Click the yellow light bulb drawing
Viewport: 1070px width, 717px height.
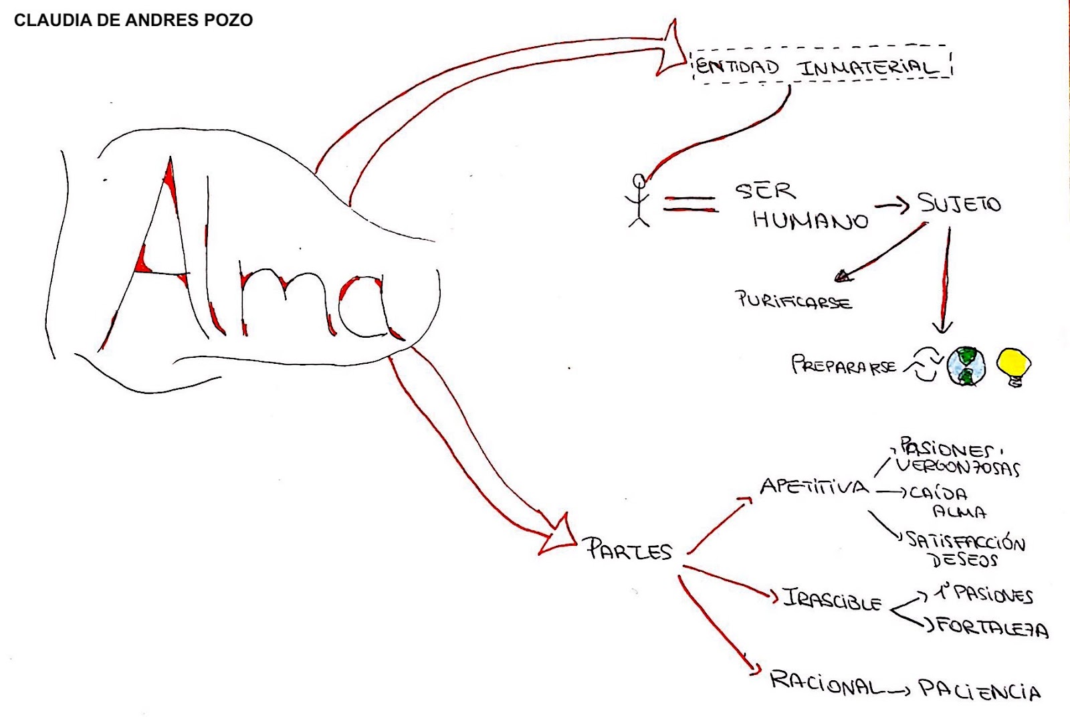(1014, 366)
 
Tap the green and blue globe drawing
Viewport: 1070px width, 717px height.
(966, 367)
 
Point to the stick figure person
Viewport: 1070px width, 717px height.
(639, 201)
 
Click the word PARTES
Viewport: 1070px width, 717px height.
(629, 550)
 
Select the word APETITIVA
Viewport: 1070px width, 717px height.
(814, 486)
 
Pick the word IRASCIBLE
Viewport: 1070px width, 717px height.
(833, 599)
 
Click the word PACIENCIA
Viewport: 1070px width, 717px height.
(979, 690)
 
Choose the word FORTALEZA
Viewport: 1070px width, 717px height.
(992, 627)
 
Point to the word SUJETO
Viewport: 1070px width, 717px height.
(959, 203)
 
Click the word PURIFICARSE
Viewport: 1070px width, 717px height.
(794, 300)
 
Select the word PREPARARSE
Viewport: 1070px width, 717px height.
(844, 365)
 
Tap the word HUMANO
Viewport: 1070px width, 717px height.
(810, 219)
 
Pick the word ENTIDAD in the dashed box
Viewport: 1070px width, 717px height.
(737, 66)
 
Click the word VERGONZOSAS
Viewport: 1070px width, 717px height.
(958, 467)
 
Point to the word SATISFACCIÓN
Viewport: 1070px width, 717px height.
(966, 540)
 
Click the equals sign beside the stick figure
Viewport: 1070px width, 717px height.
(690, 204)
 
